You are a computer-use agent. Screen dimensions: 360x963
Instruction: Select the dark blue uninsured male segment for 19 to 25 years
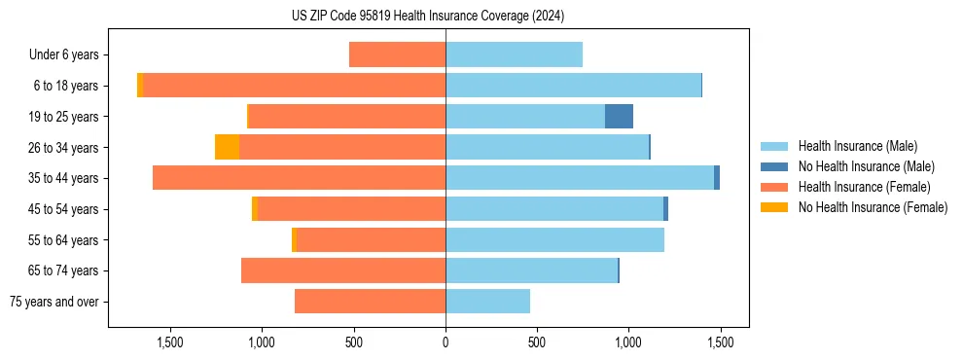tap(619, 117)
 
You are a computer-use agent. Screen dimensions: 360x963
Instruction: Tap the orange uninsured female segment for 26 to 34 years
tap(227, 147)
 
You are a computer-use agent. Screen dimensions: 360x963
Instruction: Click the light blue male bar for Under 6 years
tap(514, 54)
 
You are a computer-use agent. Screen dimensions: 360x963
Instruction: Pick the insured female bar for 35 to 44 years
tap(299, 178)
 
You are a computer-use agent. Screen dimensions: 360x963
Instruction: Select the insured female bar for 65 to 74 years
tap(343, 270)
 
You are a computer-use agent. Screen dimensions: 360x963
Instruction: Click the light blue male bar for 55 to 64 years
tap(554, 239)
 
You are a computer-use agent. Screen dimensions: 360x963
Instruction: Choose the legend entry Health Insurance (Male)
tap(857, 146)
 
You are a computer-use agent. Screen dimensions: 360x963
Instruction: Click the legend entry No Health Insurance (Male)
tap(866, 166)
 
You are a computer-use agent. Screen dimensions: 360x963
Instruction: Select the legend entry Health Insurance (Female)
tap(864, 187)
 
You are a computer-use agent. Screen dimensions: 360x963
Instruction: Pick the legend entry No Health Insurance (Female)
tap(873, 207)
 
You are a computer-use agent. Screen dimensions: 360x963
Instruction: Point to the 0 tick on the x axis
tap(446, 342)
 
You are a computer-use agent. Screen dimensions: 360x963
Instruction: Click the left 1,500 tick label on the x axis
tap(170, 342)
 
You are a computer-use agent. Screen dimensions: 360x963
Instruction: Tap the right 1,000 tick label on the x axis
tap(628, 342)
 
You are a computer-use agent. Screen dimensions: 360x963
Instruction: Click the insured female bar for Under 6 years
tap(397, 54)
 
